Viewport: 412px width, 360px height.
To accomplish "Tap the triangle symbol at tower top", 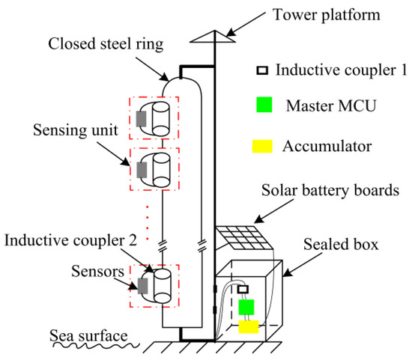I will coord(214,34).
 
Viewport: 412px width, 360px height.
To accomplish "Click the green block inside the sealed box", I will coord(246,307).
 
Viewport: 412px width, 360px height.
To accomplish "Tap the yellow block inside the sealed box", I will coord(249,326).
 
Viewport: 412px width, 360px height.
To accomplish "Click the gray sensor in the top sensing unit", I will coord(140,118).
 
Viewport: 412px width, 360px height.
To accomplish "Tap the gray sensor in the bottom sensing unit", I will coord(140,285).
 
